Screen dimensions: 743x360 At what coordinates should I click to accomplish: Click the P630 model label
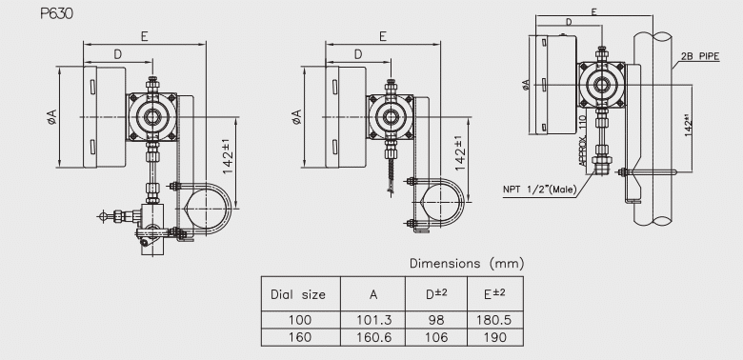[x=57, y=14]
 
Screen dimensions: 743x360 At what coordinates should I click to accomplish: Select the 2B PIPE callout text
[x=700, y=56]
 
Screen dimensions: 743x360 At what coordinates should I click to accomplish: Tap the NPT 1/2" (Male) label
[x=540, y=190]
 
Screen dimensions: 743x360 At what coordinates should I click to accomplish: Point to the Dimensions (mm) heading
[x=467, y=264]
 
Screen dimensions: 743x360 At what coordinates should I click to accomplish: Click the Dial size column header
[x=298, y=294]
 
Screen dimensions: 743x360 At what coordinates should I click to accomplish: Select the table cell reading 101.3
[x=374, y=320]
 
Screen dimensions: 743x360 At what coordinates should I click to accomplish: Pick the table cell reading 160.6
[x=374, y=337]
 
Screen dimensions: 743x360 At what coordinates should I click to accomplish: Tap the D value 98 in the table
[x=436, y=320]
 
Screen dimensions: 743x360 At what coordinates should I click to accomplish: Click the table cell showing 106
[x=436, y=337]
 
